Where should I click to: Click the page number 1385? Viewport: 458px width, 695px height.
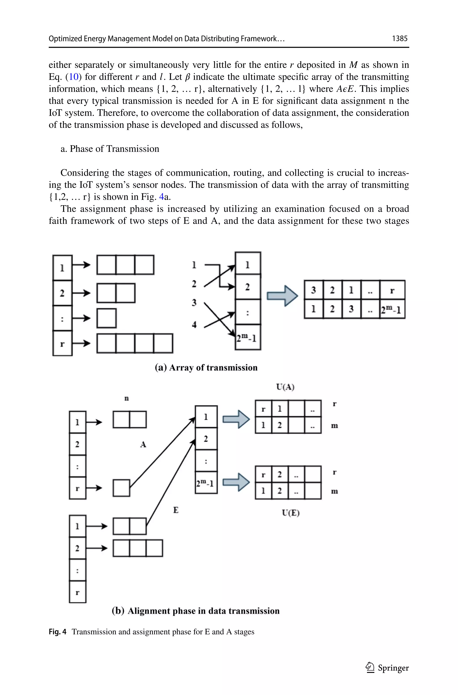click(400, 38)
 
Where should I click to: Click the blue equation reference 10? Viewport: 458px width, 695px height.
click(74, 77)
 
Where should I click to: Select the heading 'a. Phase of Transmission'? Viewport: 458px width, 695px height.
click(110, 149)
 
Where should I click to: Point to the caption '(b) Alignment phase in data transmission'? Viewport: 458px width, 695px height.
click(196, 611)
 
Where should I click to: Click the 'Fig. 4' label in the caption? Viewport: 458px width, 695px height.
click(57, 632)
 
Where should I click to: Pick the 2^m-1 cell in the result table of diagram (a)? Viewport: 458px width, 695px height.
click(392, 309)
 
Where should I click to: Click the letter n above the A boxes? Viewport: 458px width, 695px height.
click(127, 398)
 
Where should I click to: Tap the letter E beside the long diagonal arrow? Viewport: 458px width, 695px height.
click(176, 510)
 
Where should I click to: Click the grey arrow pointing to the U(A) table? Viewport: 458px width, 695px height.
click(236, 419)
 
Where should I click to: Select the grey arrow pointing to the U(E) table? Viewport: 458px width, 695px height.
click(236, 482)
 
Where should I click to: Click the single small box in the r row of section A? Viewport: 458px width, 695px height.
click(121, 488)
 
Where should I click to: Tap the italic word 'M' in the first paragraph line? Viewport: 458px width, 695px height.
click(353, 65)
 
